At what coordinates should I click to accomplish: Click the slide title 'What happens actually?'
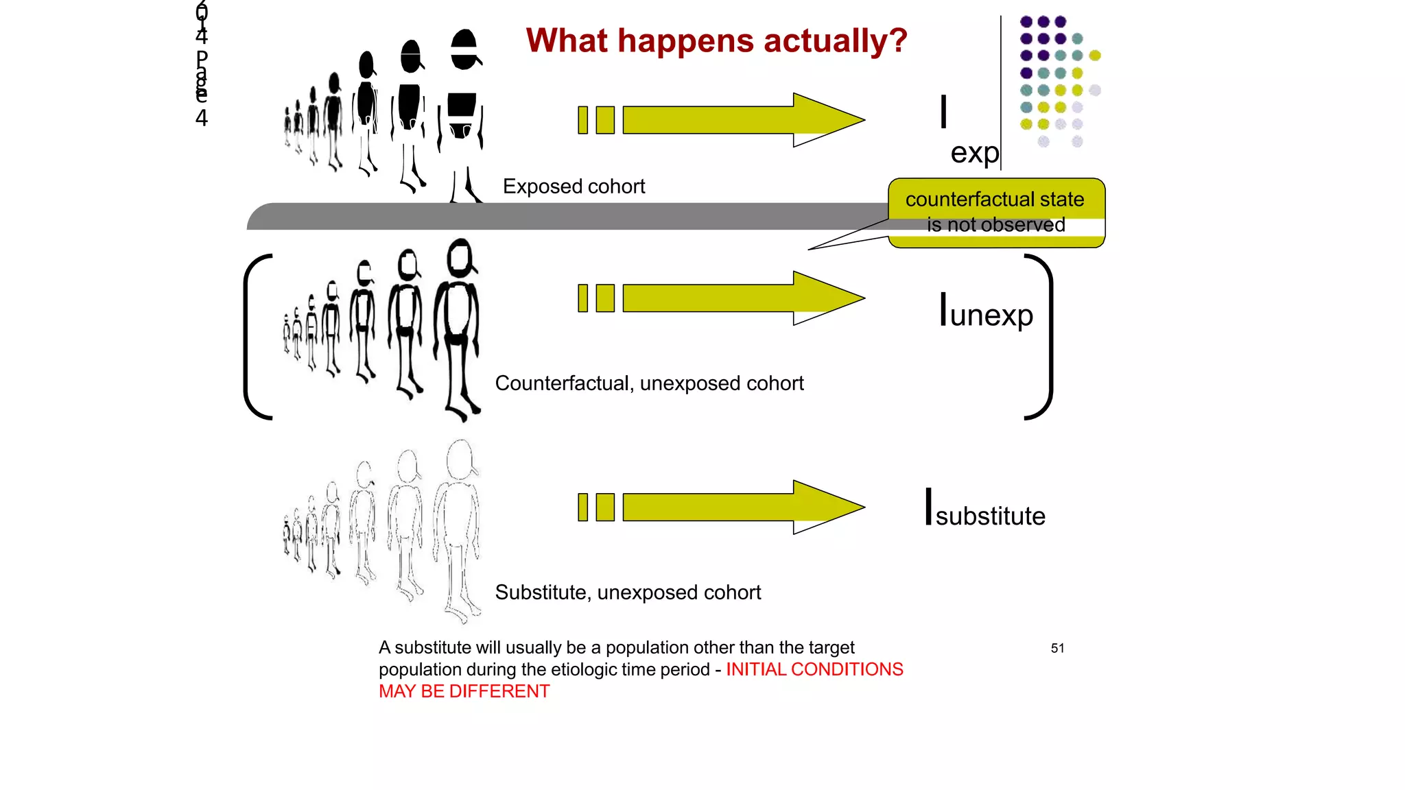coord(716,41)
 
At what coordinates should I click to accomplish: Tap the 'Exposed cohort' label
coord(574,187)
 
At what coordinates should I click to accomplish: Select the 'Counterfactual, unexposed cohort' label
coord(649,383)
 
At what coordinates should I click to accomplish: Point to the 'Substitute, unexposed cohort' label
coord(628,592)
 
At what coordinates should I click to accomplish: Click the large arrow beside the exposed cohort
coord(741,120)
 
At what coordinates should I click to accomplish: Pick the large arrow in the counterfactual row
coord(741,298)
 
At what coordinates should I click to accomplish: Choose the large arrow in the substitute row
coord(741,507)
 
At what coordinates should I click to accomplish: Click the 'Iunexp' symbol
coord(986,313)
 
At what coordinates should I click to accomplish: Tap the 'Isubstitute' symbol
coord(985,511)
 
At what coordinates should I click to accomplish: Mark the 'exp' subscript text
coord(974,152)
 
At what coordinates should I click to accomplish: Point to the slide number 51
coord(1057,648)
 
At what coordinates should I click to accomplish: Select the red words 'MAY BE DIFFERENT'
coord(464,691)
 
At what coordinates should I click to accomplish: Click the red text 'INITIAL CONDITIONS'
coord(814,669)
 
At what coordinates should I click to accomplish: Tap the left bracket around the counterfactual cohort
coord(254,336)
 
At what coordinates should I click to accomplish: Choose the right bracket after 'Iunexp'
coord(1043,336)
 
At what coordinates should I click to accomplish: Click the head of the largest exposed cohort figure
coord(464,49)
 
